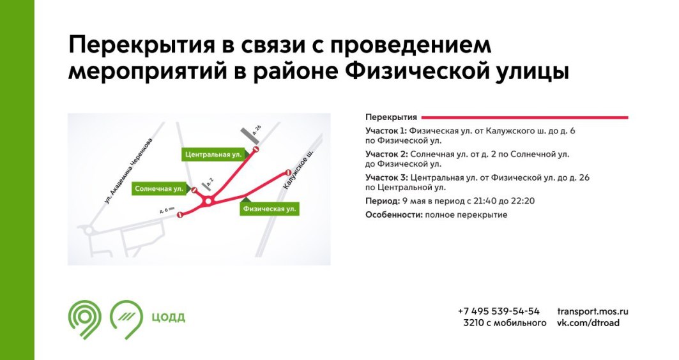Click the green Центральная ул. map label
coord(213,154)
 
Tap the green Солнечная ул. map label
coord(159,189)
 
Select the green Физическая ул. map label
coord(270,209)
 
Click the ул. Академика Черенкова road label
coord(128,170)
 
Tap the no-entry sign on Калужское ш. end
coord(287,172)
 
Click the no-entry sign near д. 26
coord(256,150)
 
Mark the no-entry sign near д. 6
coord(180,214)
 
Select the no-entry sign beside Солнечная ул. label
coord(194,190)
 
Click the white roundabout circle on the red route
coord(208,202)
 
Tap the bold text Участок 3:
coord(386,177)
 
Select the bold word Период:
coord(383,201)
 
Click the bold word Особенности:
coord(394,214)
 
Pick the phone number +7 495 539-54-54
coord(498,311)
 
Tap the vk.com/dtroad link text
coord(588,323)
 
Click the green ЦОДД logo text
coord(169,318)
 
